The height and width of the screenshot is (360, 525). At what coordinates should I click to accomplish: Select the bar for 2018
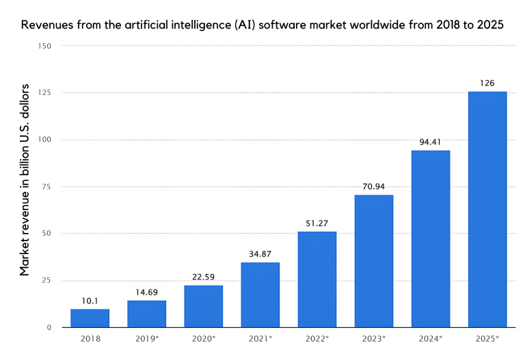[90, 318]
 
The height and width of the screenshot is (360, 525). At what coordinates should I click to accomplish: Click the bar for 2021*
[260, 294]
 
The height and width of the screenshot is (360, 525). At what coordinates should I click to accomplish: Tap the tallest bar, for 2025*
[487, 209]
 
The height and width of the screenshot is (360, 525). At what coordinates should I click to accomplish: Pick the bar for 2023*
[373, 261]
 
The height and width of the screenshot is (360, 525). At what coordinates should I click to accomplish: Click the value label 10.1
[90, 300]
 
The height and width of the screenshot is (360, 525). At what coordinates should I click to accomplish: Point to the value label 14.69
[146, 291]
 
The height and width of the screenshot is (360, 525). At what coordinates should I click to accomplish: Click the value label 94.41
[430, 142]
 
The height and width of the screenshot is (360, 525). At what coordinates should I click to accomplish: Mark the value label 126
[487, 83]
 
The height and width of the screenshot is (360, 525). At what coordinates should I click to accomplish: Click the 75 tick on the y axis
[46, 186]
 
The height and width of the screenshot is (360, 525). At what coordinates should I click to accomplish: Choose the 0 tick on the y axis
[49, 328]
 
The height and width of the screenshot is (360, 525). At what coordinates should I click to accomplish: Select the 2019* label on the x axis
[147, 339]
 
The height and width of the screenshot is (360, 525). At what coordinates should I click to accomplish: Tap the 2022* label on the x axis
[317, 339]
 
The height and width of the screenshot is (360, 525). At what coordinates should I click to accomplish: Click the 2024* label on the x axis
[431, 339]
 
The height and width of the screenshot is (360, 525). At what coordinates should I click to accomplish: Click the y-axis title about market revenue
[25, 179]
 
